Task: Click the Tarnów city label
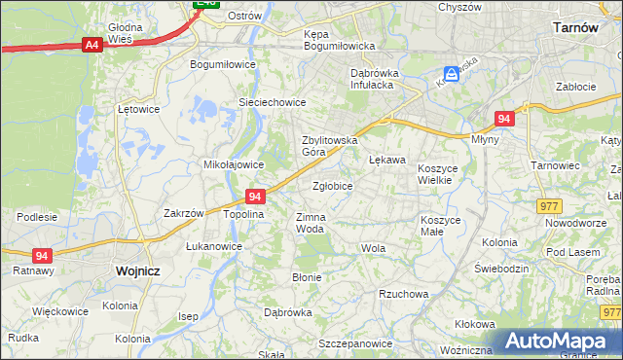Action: click(574, 28)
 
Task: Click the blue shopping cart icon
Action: click(451, 74)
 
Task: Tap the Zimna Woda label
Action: click(310, 223)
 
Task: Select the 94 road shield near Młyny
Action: click(503, 119)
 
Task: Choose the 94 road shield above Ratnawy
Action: click(41, 256)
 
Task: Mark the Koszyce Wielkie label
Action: click(443, 174)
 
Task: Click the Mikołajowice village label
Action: click(229, 164)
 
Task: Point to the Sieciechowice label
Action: click(273, 102)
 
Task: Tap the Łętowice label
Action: click(137, 109)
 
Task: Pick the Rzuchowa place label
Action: click(404, 293)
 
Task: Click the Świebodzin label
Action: click(501, 268)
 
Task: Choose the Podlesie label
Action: click(37, 216)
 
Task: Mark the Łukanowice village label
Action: click(214, 247)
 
